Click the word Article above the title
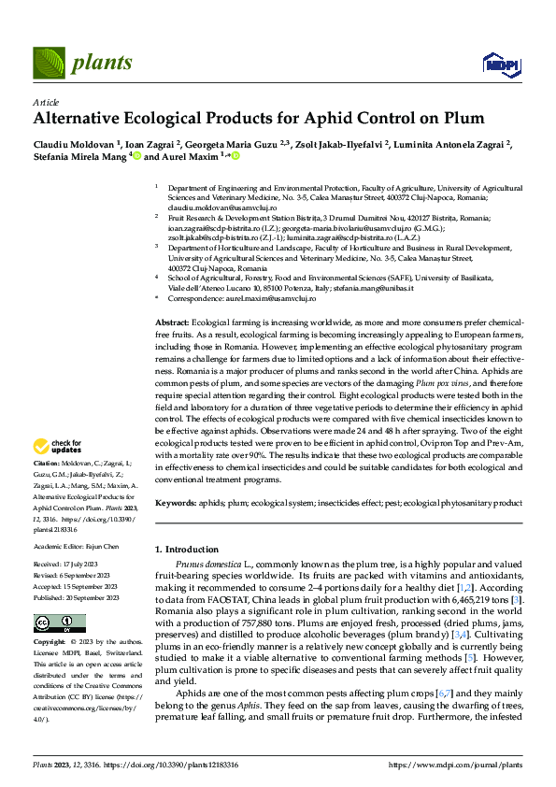click(46, 102)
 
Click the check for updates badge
click(57, 446)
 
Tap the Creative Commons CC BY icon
click(54, 622)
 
